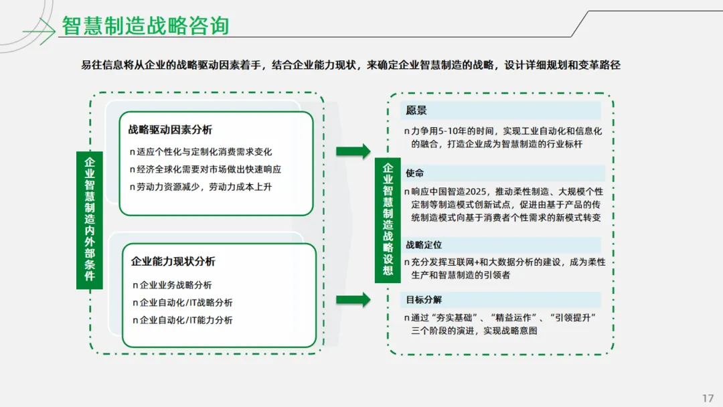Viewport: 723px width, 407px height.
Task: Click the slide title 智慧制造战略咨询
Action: (145, 25)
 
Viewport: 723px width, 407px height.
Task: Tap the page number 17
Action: (708, 398)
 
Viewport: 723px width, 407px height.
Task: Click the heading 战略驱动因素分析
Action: (170, 130)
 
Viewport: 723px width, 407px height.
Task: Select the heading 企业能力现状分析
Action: (173, 262)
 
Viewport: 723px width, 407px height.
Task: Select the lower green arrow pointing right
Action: (352, 299)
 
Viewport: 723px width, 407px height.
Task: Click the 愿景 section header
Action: (416, 110)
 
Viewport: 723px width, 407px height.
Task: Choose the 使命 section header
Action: (414, 173)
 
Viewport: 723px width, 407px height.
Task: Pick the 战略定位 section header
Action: (424, 245)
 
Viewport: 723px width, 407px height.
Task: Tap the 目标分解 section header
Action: (424, 299)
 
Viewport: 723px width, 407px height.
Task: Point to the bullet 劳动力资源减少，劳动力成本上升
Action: (204, 187)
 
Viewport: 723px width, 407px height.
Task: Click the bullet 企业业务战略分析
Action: (175, 285)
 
